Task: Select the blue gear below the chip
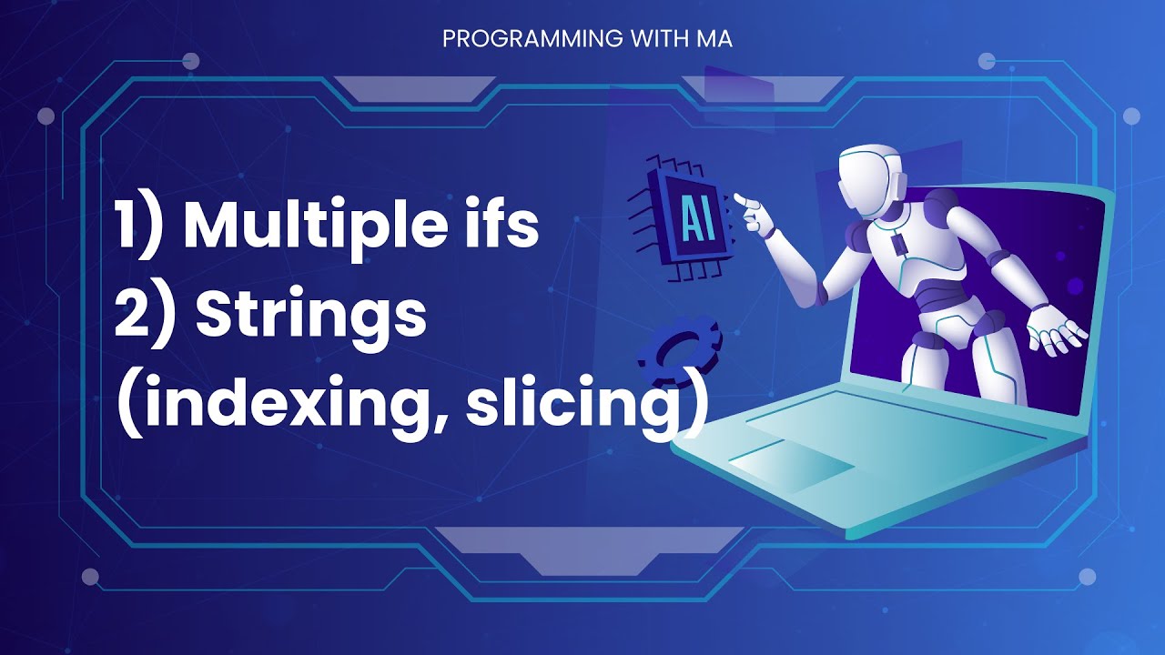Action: [x=678, y=351]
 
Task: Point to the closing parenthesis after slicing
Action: [x=694, y=407]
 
